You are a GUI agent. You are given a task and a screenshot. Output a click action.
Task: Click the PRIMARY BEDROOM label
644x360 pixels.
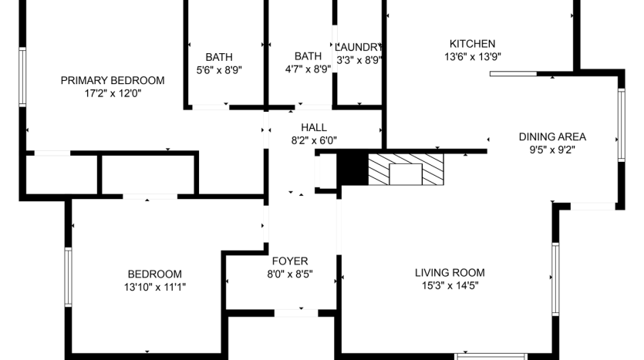(113, 80)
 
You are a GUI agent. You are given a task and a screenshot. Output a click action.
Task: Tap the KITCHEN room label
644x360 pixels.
(472, 43)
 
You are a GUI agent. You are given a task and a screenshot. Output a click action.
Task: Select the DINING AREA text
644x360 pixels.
(552, 136)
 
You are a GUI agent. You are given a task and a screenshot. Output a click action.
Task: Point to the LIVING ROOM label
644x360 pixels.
(450, 273)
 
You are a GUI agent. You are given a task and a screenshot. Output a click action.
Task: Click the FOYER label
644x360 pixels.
(290, 261)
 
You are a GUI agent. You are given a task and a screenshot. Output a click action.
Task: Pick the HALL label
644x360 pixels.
(314, 127)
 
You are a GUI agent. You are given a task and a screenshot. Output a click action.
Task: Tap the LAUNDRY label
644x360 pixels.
(359, 47)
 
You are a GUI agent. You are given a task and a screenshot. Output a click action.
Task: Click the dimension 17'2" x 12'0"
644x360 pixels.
(113, 93)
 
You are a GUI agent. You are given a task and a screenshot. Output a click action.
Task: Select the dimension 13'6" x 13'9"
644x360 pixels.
(473, 56)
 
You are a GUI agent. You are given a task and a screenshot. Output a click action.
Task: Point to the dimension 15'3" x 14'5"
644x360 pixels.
(450, 286)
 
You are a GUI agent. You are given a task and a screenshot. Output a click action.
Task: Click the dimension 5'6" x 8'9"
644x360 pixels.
(219, 70)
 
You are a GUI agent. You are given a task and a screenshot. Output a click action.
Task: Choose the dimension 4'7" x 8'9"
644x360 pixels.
(308, 69)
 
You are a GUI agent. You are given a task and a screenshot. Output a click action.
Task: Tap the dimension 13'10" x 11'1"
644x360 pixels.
(155, 288)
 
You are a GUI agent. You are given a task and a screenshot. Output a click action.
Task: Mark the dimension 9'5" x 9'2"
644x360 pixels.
(552, 150)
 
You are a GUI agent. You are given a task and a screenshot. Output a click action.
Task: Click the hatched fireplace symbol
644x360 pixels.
(406, 170)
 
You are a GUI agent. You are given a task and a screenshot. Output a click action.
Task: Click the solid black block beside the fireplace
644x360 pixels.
(352, 169)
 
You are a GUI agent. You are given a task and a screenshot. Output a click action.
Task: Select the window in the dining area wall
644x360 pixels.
(622, 125)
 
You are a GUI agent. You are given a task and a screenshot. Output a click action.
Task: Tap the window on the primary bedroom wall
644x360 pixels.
(22, 77)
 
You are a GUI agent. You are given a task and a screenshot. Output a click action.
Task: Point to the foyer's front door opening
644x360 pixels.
(296, 313)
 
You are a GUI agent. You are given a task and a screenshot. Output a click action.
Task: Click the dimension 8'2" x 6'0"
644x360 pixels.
(314, 140)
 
